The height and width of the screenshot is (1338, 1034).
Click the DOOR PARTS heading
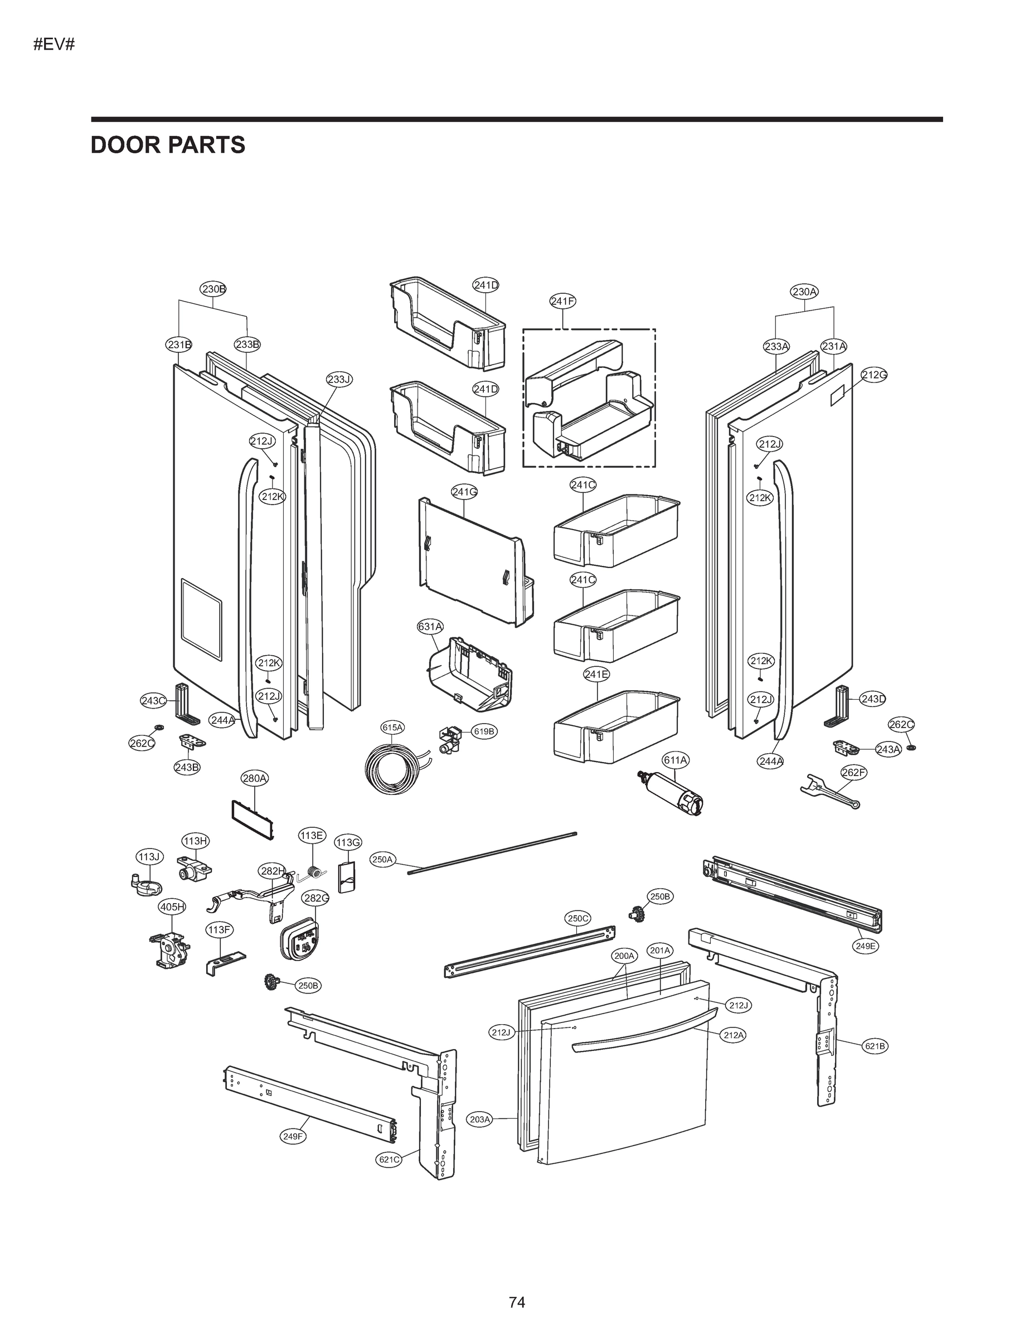pyautogui.click(x=168, y=145)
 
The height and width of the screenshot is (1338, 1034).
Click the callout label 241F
pyautogui.click(x=562, y=301)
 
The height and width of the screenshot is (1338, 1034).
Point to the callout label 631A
pyautogui.click(x=429, y=626)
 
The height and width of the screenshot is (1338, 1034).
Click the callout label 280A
pyautogui.click(x=254, y=779)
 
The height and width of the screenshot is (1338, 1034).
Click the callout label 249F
pyautogui.click(x=293, y=1136)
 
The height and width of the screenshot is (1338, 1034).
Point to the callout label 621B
pyautogui.click(x=875, y=1046)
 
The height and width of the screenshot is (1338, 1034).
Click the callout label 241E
pyautogui.click(x=596, y=675)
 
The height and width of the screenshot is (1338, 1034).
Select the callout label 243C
pyautogui.click(x=153, y=701)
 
